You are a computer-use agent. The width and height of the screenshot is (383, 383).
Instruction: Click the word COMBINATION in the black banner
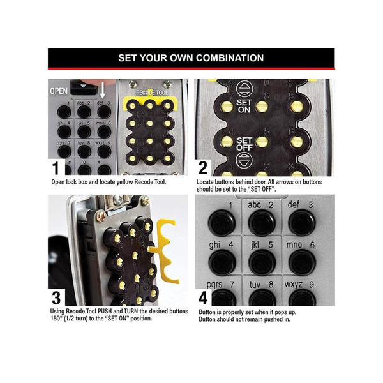pos(230,58)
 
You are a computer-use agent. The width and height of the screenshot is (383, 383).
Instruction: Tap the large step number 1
pos(56,168)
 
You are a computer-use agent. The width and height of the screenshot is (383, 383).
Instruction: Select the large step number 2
pos(203,168)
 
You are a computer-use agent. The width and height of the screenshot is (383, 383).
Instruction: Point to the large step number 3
pos(56,297)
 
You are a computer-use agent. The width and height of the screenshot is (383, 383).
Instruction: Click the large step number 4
pos(203,297)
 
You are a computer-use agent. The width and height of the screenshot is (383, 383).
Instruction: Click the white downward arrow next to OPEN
pos(103,90)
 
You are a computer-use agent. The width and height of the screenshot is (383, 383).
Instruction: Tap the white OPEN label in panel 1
pos(59,91)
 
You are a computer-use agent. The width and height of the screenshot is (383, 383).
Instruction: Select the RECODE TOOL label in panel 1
pos(152,93)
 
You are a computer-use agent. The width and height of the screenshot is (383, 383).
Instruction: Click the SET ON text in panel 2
pos(244,106)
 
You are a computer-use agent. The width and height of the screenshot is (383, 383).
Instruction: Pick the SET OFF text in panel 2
pos(244,144)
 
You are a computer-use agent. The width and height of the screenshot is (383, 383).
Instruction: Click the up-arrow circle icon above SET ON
pos(244,89)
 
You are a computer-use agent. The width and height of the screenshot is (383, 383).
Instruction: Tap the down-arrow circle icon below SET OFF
pos(244,160)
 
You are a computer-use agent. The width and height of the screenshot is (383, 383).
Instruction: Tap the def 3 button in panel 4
pos(302,223)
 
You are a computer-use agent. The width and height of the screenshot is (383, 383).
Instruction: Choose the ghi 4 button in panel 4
pos(222,262)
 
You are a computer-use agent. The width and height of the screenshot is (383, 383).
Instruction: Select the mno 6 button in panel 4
pos(302,262)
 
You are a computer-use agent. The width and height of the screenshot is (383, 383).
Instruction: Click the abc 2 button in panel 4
pos(262,223)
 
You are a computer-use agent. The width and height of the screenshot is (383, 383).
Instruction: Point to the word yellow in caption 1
pos(124,182)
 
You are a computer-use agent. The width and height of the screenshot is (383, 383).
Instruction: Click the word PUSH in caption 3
pos(105,312)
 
